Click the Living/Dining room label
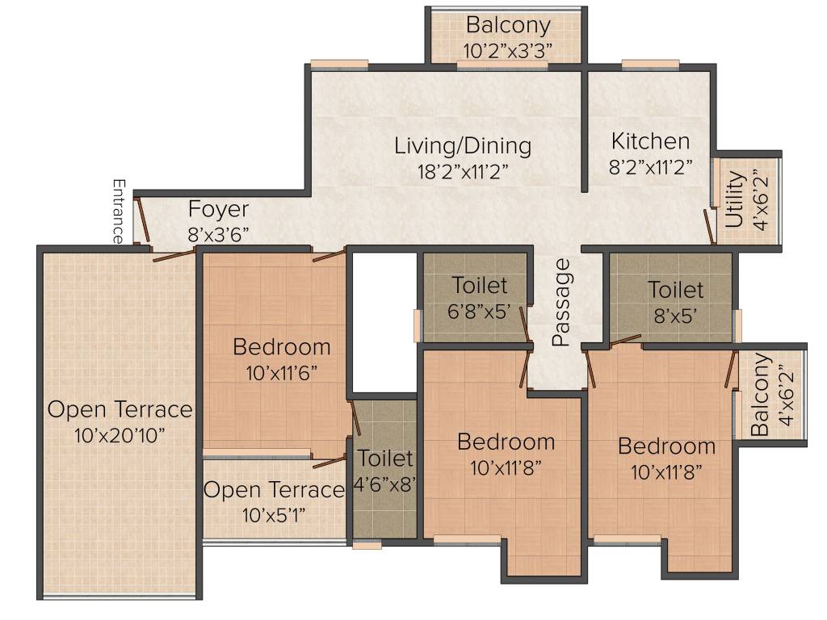coord(463,146)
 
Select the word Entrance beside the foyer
coord(119,212)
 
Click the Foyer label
coord(218,209)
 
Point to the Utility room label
coord(735,199)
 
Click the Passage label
coord(562,302)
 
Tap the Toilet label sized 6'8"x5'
coord(480,285)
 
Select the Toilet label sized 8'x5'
coord(675,289)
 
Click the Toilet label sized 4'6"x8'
coord(385,459)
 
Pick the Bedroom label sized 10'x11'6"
coord(282,347)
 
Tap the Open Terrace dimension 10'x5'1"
coord(274,514)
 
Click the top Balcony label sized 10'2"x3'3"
coord(508,26)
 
